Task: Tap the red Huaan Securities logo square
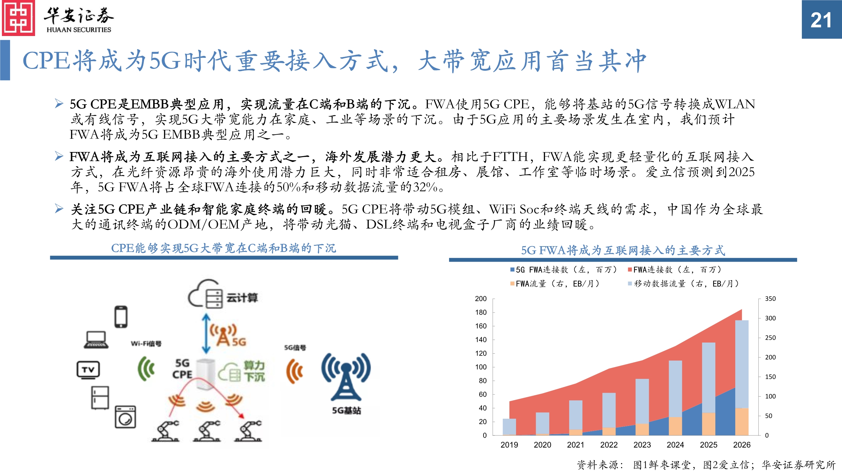point(18,18)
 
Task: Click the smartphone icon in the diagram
point(121,317)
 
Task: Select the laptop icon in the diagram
point(96,340)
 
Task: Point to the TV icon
point(88,370)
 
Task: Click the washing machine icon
point(125,417)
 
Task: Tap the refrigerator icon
point(100,398)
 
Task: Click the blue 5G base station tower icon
point(346,377)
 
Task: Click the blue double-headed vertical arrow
point(206,334)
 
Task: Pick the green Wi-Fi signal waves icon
point(146,369)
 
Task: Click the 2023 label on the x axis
point(642,445)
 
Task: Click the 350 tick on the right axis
point(770,299)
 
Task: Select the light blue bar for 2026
point(742,363)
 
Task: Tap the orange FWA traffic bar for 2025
point(708,424)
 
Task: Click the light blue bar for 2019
point(509,426)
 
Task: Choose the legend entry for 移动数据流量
point(683,284)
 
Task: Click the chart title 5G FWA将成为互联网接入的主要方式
point(623,250)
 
